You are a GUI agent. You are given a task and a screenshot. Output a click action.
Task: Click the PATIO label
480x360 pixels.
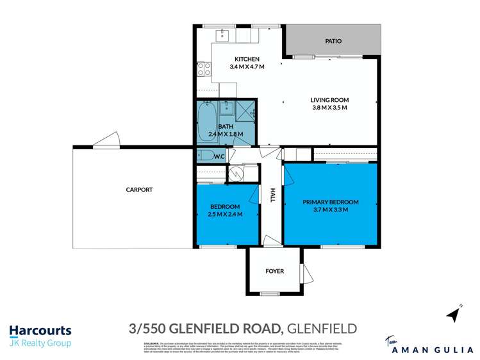pyautogui.click(x=333, y=41)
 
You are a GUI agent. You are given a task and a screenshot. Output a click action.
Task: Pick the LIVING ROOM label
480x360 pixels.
pyautogui.click(x=329, y=100)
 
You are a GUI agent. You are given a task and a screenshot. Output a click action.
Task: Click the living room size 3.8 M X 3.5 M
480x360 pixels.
pyautogui.click(x=329, y=108)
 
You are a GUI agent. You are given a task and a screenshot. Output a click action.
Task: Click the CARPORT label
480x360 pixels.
pyautogui.click(x=139, y=190)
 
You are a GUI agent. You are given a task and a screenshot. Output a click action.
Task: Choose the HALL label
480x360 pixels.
pyautogui.click(x=272, y=196)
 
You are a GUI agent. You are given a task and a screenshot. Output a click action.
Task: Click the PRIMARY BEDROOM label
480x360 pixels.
pyautogui.click(x=331, y=202)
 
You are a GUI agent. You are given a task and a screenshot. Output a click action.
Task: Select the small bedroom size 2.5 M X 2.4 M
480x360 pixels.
pyautogui.click(x=225, y=214)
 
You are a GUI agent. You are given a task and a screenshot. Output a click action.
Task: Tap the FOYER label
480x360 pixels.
pyautogui.click(x=274, y=271)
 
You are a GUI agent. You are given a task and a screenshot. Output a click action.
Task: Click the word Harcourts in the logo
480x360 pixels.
pyautogui.click(x=40, y=331)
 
